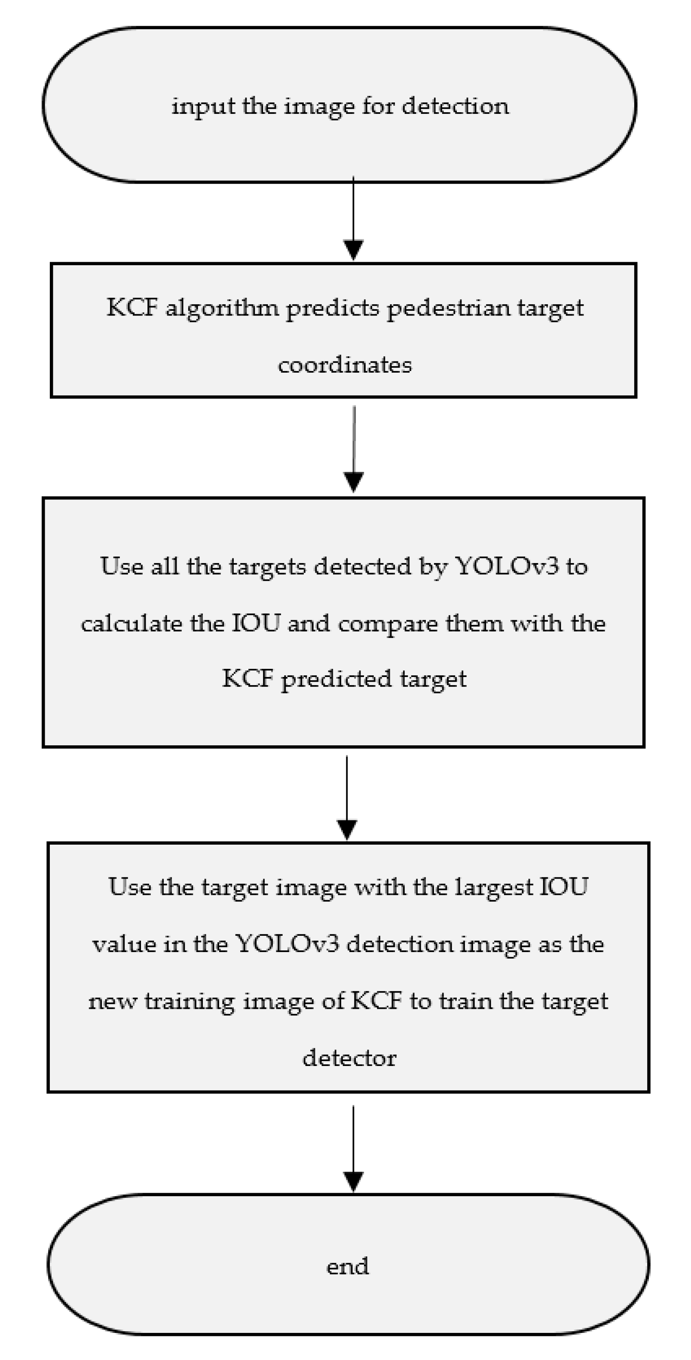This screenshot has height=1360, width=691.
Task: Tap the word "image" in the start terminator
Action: [319, 107]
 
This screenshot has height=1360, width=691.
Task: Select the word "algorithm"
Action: [222, 308]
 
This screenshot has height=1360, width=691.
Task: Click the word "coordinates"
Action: [345, 365]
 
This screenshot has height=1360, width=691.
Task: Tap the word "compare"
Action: [388, 625]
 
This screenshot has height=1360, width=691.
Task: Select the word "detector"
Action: [349, 1058]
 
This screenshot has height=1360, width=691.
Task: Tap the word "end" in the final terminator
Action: [347, 1266]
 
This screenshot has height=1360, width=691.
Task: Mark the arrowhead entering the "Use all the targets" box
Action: [353, 481]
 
